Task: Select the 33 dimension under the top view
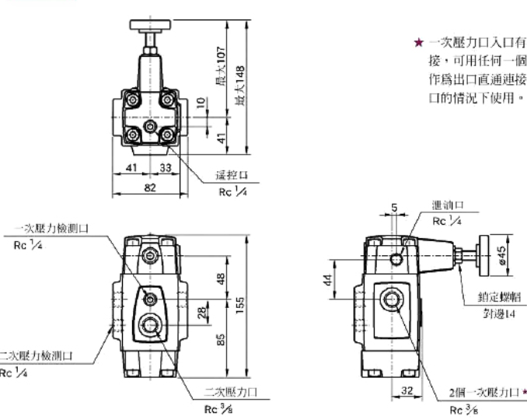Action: coord(166,167)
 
